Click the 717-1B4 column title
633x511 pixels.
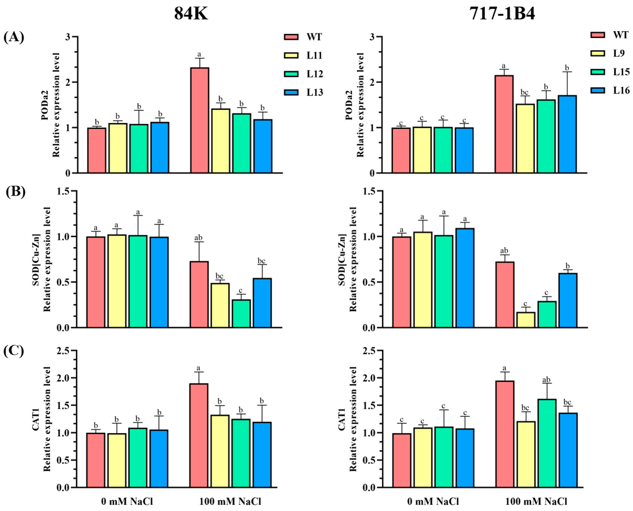pos(502,13)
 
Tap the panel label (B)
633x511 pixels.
pos(15,192)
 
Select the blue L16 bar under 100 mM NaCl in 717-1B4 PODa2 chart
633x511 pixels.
pos(567,134)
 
